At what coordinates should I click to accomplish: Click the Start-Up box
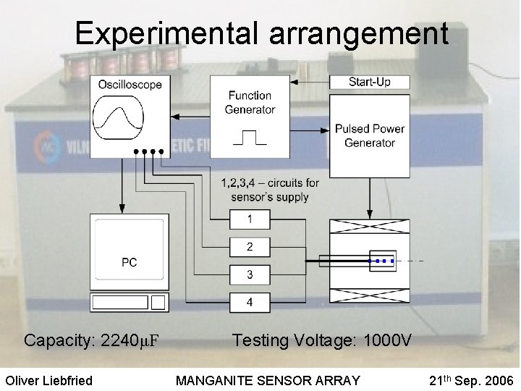(x=369, y=82)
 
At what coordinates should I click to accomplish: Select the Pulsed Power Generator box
(x=369, y=135)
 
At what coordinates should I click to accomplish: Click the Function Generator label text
(x=250, y=102)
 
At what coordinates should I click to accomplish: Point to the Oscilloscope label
(x=130, y=84)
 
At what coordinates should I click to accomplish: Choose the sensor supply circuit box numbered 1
(x=250, y=219)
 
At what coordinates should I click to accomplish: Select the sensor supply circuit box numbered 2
(x=250, y=247)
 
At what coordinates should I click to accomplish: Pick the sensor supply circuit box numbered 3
(x=250, y=274)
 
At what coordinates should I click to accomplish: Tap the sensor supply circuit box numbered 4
(x=250, y=302)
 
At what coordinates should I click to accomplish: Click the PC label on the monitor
(x=129, y=262)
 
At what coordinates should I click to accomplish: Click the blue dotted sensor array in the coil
(x=381, y=260)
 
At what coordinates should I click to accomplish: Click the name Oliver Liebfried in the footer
(x=49, y=380)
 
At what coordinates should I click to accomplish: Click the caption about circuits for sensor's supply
(x=269, y=190)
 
